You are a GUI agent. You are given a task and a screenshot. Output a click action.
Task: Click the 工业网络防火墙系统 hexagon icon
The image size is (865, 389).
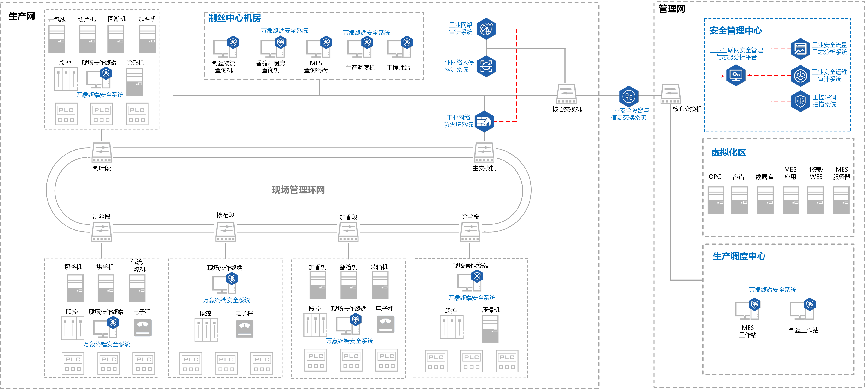click(484, 121)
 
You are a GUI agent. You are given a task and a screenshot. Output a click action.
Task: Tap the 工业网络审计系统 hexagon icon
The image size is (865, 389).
click(486, 29)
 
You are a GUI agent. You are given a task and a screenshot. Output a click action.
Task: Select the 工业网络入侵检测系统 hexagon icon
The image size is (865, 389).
click(486, 66)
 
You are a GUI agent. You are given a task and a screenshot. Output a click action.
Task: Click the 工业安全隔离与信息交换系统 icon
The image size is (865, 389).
click(629, 96)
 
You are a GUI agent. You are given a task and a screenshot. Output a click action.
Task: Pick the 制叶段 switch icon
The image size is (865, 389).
click(102, 153)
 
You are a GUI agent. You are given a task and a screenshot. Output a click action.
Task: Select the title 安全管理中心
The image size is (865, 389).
click(735, 31)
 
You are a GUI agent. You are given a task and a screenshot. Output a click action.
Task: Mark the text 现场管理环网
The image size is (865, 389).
click(298, 190)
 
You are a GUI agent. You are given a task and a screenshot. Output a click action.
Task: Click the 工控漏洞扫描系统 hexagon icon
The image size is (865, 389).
click(801, 101)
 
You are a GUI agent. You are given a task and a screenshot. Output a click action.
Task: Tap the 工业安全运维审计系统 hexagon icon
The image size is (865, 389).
click(801, 76)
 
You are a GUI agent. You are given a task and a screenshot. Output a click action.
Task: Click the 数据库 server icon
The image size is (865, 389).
click(765, 200)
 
